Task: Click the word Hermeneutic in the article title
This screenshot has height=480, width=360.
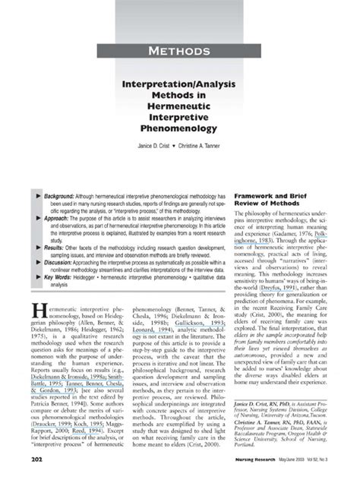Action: pyautogui.click(x=179, y=106)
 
